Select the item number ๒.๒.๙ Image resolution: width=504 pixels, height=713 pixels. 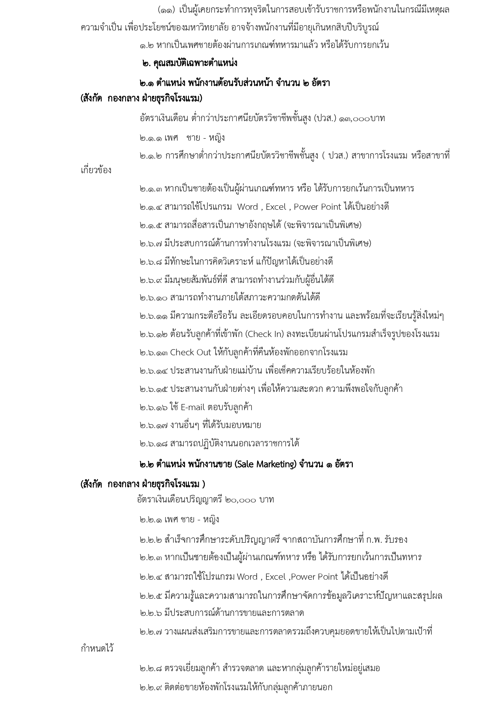click(150, 687)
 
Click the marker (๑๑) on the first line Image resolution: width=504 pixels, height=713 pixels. click(167, 10)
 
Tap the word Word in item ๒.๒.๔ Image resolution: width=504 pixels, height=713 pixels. click(247, 577)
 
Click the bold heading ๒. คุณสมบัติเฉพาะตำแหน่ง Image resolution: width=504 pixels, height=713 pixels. click(189, 63)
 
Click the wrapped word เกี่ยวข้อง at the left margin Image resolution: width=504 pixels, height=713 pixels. click(96, 170)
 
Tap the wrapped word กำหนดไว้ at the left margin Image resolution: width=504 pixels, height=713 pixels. click(97, 649)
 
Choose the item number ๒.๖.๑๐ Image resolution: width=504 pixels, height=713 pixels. click(153, 298)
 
